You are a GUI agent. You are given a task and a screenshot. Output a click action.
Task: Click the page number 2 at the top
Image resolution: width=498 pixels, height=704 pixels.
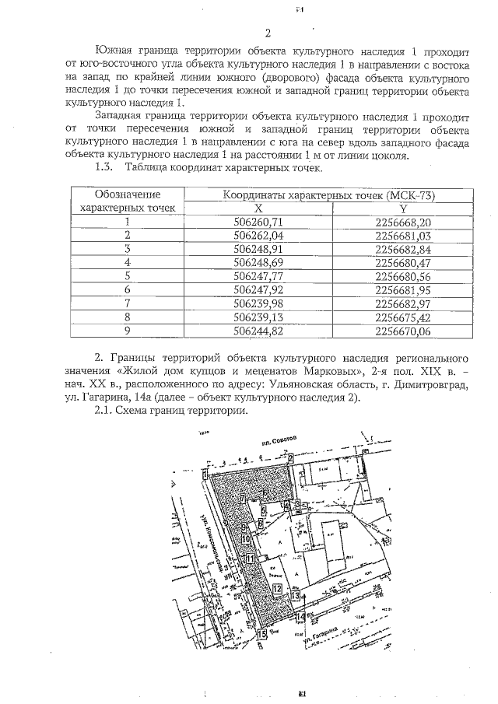[x=267, y=33]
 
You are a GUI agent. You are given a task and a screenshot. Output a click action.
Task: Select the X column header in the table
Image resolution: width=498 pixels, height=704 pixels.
[x=259, y=208]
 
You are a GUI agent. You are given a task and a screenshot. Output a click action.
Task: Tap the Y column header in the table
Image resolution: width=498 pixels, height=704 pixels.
[x=403, y=208]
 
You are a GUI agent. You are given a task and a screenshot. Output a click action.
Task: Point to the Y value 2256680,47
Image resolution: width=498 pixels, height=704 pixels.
[x=403, y=263]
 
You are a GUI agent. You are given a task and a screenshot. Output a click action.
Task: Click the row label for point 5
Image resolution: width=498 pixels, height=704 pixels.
[x=127, y=276]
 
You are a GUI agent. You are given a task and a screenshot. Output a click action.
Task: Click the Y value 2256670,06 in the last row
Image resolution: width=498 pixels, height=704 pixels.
[x=403, y=331]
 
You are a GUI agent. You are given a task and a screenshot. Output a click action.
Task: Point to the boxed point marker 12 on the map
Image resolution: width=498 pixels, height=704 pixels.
[x=277, y=588]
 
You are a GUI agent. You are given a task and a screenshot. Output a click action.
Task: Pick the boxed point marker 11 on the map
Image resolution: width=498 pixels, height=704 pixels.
[x=249, y=559]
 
